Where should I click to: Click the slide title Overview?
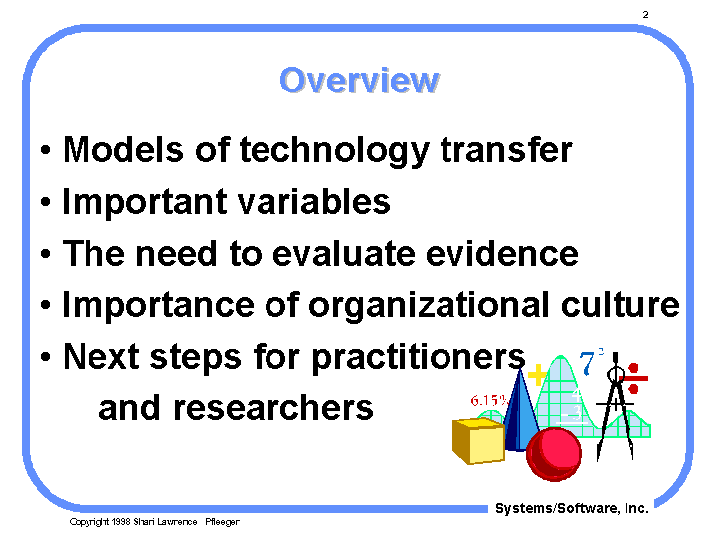click(x=359, y=81)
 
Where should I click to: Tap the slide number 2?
click(x=645, y=15)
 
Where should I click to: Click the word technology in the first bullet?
click(x=334, y=151)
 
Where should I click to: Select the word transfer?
click(x=506, y=149)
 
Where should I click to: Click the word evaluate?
click(x=344, y=254)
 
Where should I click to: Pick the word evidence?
click(x=501, y=254)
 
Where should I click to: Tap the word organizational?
click(x=429, y=306)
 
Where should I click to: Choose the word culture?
click(x=621, y=304)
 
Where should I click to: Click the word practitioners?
click(x=419, y=358)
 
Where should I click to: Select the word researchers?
click(x=273, y=408)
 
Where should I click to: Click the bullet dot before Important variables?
click(x=45, y=201)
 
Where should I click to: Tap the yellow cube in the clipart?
click(x=478, y=441)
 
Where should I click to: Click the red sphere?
click(x=554, y=453)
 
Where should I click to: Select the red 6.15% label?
click(x=489, y=401)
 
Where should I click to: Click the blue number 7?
click(x=587, y=363)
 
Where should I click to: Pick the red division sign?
click(x=633, y=378)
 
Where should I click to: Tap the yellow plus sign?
click(x=538, y=375)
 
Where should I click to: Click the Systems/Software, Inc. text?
click(x=572, y=508)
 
